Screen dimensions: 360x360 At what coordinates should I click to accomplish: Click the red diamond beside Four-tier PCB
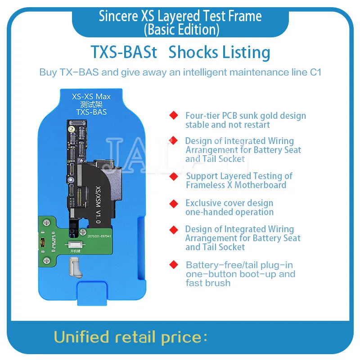tap(173, 116)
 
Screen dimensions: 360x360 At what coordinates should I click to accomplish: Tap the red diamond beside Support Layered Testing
tap(173, 176)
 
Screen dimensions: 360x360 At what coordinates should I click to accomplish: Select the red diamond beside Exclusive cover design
tap(173, 203)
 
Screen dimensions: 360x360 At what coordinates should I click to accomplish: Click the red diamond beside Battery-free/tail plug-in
tap(173, 265)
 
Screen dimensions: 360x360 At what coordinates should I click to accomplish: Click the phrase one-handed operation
tap(229, 212)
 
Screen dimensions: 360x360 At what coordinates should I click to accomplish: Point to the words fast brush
tap(208, 283)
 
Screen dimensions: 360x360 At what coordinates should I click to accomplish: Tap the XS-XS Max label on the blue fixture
tap(91, 97)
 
